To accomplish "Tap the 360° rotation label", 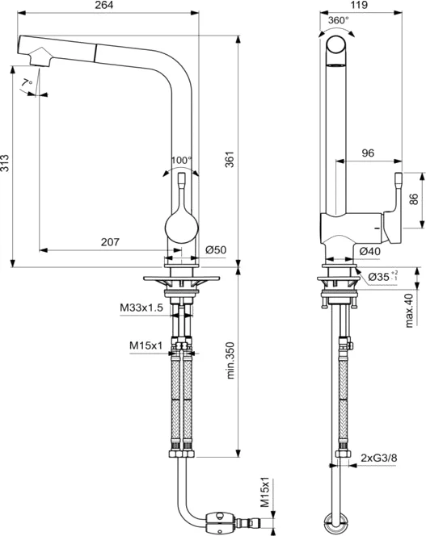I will coord(338,20).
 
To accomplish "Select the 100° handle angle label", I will coord(182,160).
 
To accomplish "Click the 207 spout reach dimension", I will coord(111,241).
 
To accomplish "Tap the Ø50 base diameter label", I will coord(216,250).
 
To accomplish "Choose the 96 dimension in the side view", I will coord(367,151).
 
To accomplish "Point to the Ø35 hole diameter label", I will coord(382,277).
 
